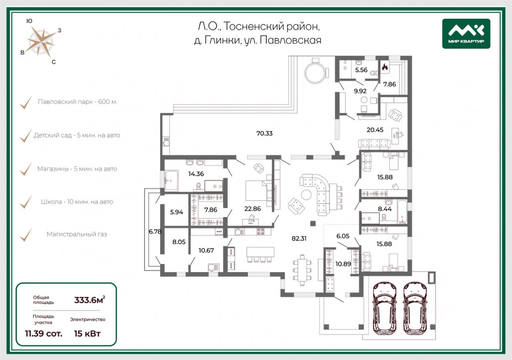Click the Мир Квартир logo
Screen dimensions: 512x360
click(466, 34)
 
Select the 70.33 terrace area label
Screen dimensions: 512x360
click(264, 133)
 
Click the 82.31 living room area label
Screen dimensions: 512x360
click(299, 238)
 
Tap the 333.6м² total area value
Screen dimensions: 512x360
click(90, 300)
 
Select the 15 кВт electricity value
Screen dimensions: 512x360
click(87, 334)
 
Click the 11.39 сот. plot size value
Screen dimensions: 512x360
click(44, 334)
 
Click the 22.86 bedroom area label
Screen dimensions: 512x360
click(252, 209)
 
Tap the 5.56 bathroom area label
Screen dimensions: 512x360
click(361, 70)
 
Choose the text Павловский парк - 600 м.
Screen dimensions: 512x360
click(78, 102)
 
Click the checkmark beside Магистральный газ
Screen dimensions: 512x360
click(26, 234)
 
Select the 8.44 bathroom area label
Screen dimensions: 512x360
click(385, 209)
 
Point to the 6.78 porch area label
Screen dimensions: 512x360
click(155, 232)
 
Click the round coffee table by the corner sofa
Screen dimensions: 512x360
click(306, 195)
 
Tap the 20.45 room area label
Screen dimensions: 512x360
click(375, 130)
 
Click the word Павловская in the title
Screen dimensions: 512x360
click(290, 40)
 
